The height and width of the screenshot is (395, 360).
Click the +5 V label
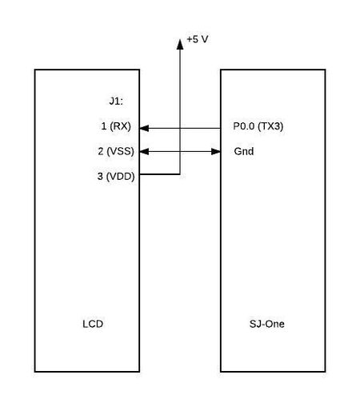pyautogui.click(x=198, y=39)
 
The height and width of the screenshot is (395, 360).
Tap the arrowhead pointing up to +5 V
pyautogui.click(x=180, y=44)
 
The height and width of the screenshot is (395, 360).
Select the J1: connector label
pyautogui.click(x=116, y=102)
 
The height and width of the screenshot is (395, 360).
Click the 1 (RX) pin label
pyautogui.click(x=116, y=126)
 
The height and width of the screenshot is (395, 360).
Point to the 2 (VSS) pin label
pyautogui.click(x=116, y=151)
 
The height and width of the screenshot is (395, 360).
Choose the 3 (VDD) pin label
pyautogui.click(x=116, y=176)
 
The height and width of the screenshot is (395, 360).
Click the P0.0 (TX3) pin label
pyautogui.click(x=258, y=126)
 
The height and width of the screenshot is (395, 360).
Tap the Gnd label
pyautogui.click(x=244, y=151)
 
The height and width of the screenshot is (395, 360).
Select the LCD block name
pyautogui.click(x=93, y=324)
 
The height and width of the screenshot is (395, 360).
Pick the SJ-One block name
pyautogui.click(x=267, y=324)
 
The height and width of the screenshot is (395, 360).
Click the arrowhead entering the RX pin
pyautogui.click(x=144, y=128)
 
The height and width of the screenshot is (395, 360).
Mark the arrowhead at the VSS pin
pyautogui.click(x=144, y=152)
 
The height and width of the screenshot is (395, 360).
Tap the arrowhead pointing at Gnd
pyautogui.click(x=216, y=152)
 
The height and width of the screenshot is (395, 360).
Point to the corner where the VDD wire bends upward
pyautogui.click(x=180, y=174)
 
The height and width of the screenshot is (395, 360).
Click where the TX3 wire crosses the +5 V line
pyautogui.click(x=180, y=128)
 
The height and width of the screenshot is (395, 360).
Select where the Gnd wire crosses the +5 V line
pyautogui.click(x=180, y=152)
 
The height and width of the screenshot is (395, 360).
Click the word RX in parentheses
pyautogui.click(x=120, y=126)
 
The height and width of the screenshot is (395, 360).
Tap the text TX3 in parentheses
pyautogui.click(x=270, y=126)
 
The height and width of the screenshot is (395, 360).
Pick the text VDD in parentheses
pyautogui.click(x=120, y=176)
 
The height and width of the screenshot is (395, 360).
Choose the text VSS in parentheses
pyautogui.click(x=120, y=151)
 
